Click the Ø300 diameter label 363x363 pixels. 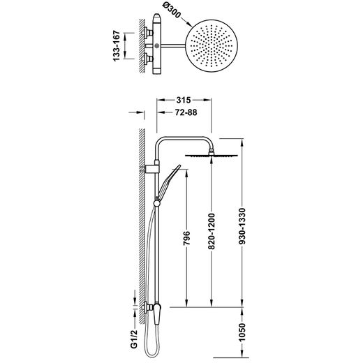click(171, 11)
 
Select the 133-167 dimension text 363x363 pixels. click(116, 46)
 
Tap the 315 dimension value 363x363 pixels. click(184, 100)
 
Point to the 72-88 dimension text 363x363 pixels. click(186, 112)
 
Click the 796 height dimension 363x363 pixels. click(186, 238)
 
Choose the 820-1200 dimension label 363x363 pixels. click(212, 231)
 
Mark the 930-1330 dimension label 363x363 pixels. click(242, 226)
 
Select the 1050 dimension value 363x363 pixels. click(242, 332)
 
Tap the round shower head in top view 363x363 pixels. click(212, 46)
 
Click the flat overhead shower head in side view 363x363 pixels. click(212, 156)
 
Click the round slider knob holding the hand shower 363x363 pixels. click(157, 203)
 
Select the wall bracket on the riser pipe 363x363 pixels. click(151, 169)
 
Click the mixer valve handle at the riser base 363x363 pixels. click(157, 313)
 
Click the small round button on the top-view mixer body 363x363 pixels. click(157, 46)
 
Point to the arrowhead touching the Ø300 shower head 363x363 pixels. click(189, 24)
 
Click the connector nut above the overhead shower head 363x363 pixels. click(212, 151)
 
